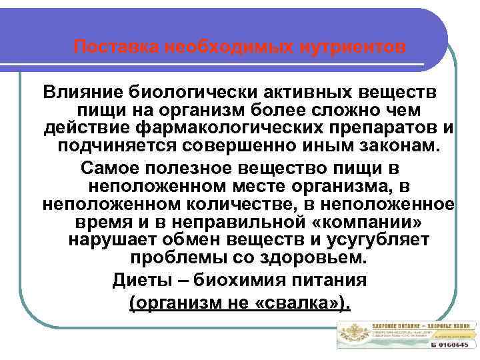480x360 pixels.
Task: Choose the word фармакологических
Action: [x=229, y=127]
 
